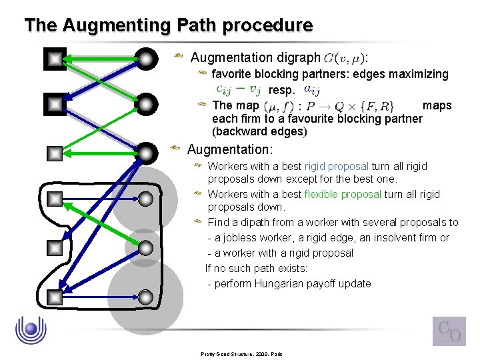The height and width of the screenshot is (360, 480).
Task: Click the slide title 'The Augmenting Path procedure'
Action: pyautogui.click(x=168, y=25)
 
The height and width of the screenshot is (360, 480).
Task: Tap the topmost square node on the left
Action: pyautogui.click(x=55, y=59)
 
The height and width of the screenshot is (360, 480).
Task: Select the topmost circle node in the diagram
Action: pyautogui.click(x=146, y=59)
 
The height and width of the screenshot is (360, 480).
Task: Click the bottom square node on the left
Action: pyautogui.click(x=55, y=295)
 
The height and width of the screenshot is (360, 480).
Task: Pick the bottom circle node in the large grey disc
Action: pyautogui.click(x=146, y=295)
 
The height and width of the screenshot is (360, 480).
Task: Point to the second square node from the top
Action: pyautogui.click(x=55, y=104)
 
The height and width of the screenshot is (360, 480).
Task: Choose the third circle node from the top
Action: pyautogui.click(x=146, y=153)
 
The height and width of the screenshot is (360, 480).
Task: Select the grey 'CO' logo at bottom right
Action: pyautogui.click(x=449, y=331)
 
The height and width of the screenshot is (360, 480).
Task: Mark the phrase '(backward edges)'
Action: pyautogui.click(x=259, y=131)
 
